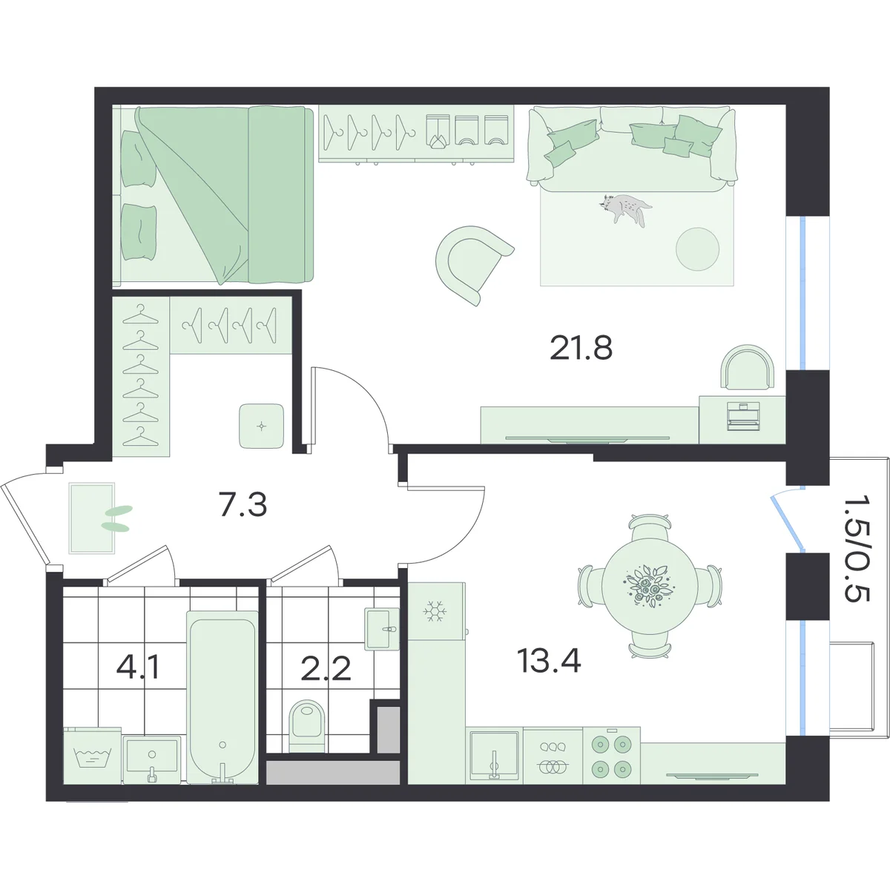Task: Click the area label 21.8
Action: click(581, 348)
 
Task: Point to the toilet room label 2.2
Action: click(326, 668)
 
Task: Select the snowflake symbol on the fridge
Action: click(433, 611)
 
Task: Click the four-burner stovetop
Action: click(611, 756)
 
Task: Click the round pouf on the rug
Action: click(697, 249)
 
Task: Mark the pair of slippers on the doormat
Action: click(116, 518)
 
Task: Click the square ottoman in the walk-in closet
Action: click(261, 426)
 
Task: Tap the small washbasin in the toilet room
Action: click(381, 629)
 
